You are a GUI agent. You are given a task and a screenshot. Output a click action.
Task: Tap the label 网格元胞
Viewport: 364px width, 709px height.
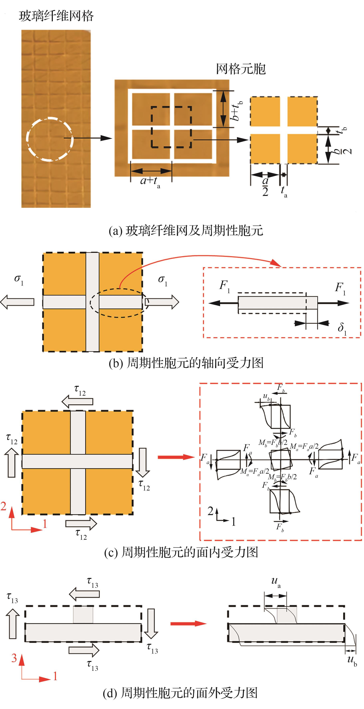click(x=241, y=69)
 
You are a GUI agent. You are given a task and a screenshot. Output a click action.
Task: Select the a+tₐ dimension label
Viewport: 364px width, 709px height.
click(x=150, y=182)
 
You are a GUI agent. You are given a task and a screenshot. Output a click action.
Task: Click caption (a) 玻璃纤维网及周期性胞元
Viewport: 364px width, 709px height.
click(x=186, y=230)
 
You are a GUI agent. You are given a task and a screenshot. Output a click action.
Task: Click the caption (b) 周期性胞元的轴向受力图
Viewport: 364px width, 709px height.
click(x=186, y=363)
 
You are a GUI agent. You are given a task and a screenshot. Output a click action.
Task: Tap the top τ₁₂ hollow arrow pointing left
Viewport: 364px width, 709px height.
click(x=77, y=402)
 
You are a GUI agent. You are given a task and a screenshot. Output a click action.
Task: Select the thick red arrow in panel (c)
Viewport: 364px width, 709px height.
click(x=176, y=457)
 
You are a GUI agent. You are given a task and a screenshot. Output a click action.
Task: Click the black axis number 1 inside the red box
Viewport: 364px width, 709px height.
click(x=233, y=521)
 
